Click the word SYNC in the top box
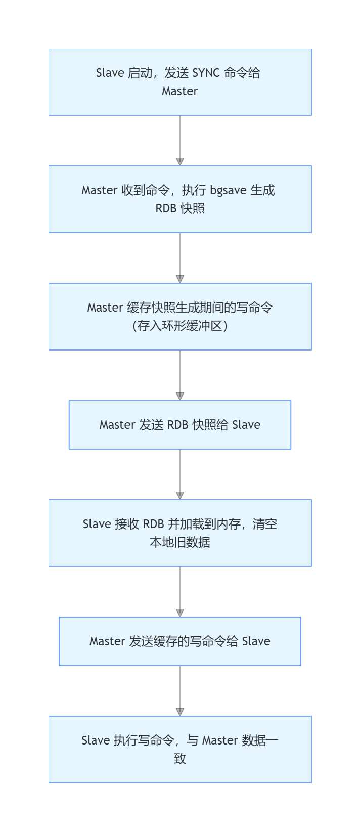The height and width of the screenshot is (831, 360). (206, 73)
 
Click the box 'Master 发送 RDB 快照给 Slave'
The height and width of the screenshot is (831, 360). (180, 425)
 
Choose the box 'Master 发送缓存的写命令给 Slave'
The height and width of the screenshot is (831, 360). (180, 641)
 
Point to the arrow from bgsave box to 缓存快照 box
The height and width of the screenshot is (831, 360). (180, 257)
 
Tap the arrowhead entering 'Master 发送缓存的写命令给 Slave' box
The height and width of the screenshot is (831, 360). (180, 613)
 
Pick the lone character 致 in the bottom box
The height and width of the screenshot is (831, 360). (180, 759)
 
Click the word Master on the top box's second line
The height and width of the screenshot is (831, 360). (180, 91)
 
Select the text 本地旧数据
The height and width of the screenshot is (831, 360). (180, 542)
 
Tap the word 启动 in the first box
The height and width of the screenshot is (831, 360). (140, 73)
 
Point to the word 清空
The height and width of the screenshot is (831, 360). (265, 524)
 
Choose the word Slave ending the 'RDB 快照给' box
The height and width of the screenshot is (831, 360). (246, 425)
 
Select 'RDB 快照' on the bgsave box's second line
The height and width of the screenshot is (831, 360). (180, 208)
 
